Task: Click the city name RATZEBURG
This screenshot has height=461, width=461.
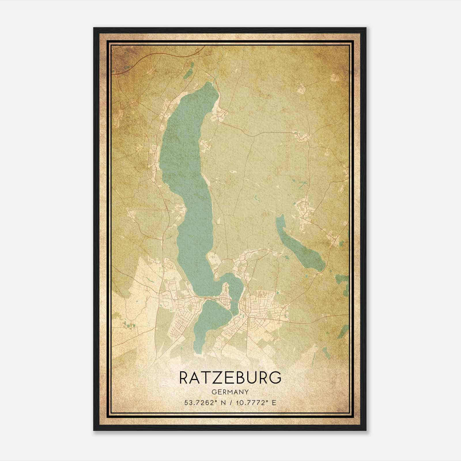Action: (x=230, y=378)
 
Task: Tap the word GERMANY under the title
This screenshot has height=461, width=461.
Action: (x=230, y=392)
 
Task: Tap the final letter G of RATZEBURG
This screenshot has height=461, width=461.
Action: (x=275, y=378)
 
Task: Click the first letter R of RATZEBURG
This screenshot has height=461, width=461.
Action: (x=185, y=378)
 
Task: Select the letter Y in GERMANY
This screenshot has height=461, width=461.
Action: (x=247, y=392)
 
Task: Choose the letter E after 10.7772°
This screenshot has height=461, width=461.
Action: (x=274, y=403)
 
